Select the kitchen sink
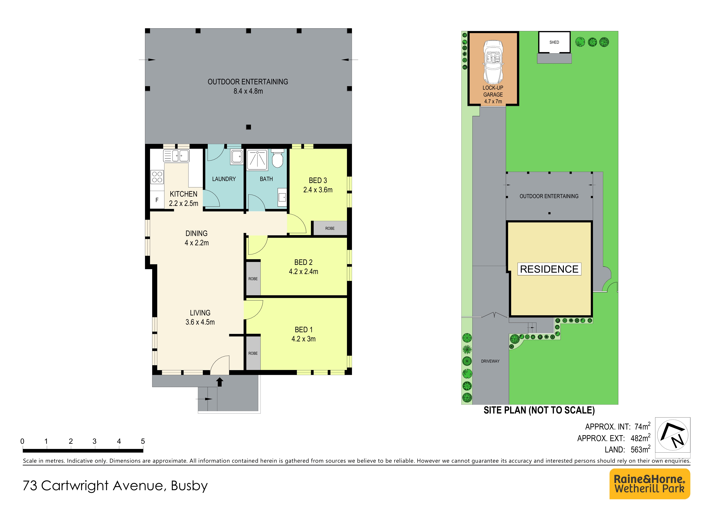[x=176, y=156]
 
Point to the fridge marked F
[x=157, y=200]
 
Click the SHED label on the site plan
[x=554, y=42]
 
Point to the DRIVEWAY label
[x=490, y=361]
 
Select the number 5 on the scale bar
[x=143, y=441]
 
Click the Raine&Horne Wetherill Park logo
[x=650, y=484]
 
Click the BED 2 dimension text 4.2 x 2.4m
[x=304, y=272]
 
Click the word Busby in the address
[x=189, y=486]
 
